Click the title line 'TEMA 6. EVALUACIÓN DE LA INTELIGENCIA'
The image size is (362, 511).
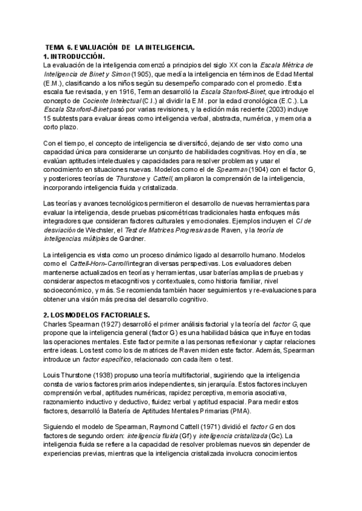coord(121,47)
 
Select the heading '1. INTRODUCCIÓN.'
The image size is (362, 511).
coord(75,56)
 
